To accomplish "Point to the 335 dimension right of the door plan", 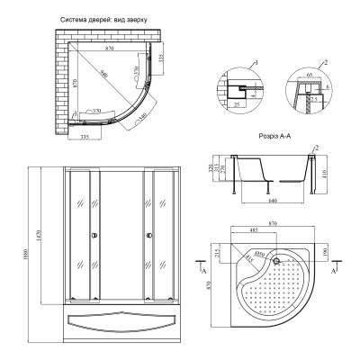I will pyautogui.click(x=159, y=58).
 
